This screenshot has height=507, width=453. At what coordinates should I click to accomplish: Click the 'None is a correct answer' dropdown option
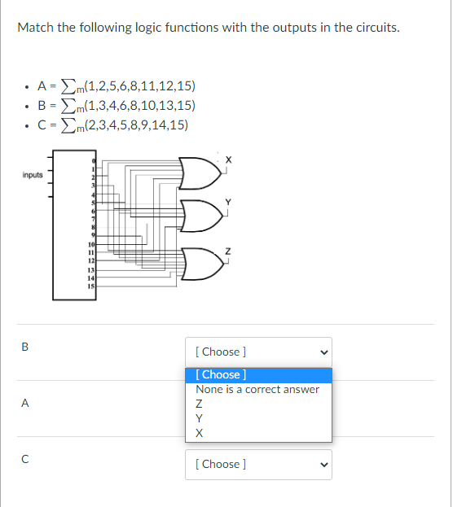tap(257, 389)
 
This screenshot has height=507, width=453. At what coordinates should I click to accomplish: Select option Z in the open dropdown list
tap(200, 404)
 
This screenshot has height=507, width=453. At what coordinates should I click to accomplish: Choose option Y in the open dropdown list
tap(200, 418)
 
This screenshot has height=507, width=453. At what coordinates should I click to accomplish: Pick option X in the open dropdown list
tap(200, 433)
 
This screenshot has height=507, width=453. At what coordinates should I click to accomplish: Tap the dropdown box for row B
tap(258, 352)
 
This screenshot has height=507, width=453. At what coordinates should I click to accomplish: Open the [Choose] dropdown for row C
tap(258, 464)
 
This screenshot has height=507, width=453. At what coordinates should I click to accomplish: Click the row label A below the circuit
tap(25, 402)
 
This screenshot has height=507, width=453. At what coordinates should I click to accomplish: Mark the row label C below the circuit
tap(24, 458)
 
